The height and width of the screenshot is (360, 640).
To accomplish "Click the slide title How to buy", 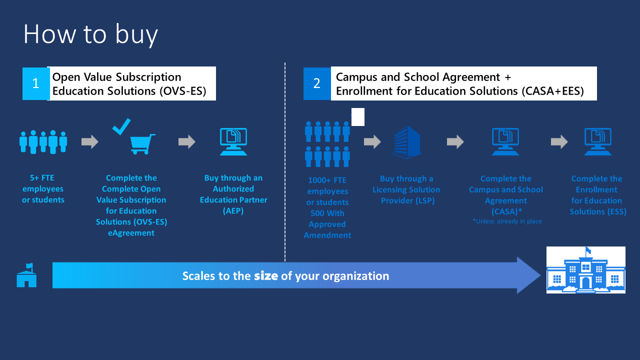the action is (90, 34).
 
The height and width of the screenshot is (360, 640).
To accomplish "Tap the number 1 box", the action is (35, 83).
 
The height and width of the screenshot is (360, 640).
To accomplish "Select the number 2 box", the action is (316, 83).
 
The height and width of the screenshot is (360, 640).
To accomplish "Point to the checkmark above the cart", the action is (121, 126).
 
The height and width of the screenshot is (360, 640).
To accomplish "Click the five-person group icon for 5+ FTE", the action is (43, 142).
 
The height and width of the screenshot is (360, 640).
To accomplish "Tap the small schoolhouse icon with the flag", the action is (26, 275).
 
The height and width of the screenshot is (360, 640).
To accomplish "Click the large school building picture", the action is (585, 269).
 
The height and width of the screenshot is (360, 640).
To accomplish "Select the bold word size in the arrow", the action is (265, 276).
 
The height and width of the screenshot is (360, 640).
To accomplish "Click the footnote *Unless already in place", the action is (507, 221).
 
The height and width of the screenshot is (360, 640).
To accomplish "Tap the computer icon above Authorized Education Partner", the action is (233, 142).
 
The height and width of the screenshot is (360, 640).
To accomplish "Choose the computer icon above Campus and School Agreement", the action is (505, 142).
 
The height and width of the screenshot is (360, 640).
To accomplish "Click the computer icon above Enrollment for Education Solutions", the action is (597, 142).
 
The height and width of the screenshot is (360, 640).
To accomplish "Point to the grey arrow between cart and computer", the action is (186, 142).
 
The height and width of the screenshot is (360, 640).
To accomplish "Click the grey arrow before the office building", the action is (372, 142).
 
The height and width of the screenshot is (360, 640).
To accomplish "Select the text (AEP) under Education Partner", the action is (233, 211).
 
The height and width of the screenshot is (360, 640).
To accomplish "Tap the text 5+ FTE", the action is (43, 178).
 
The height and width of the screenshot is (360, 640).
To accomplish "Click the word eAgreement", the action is (131, 233).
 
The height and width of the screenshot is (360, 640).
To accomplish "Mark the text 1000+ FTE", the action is (327, 180).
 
